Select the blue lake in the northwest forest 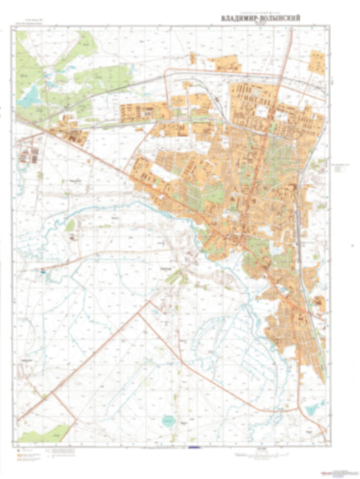pyautogui.click(x=30, y=99)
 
